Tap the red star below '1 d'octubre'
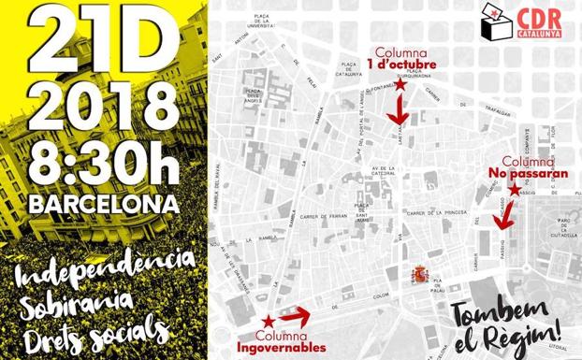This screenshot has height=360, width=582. (400, 85)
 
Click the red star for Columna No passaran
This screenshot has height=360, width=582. (514, 190)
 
